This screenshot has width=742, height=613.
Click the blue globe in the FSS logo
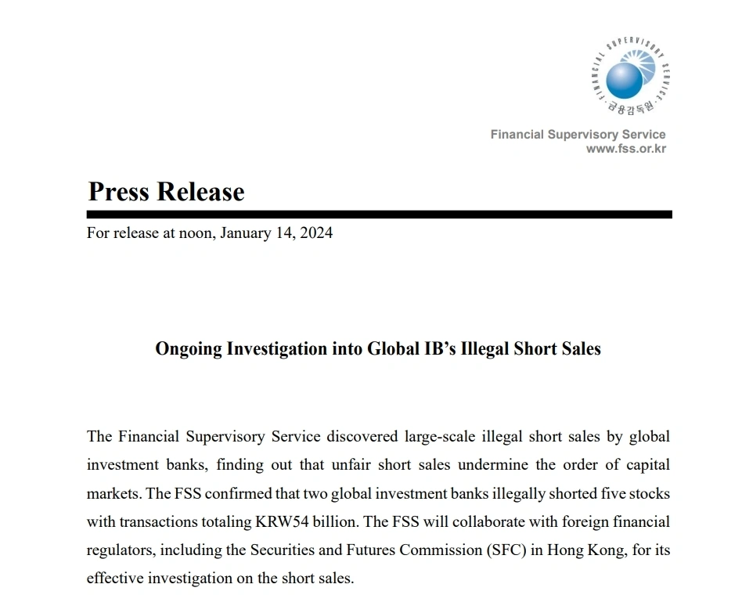pyautogui.click(x=624, y=79)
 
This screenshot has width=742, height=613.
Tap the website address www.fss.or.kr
pyautogui.click(x=626, y=149)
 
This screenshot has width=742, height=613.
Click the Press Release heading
pyautogui.click(x=166, y=192)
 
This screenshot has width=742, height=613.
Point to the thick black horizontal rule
pyautogui.click(x=379, y=215)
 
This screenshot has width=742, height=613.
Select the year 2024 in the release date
pyautogui.click(x=315, y=233)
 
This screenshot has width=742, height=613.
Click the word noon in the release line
pyautogui.click(x=195, y=233)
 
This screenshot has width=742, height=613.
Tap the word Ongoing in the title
pyautogui.click(x=189, y=348)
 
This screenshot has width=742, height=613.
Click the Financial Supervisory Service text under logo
pyautogui.click(x=578, y=135)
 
